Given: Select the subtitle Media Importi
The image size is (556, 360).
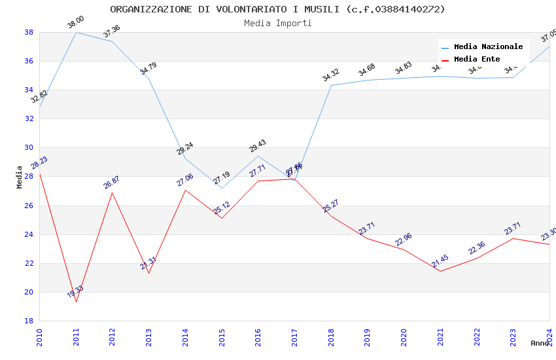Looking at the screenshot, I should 277,23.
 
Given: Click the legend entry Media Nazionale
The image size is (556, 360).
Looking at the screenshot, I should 488,46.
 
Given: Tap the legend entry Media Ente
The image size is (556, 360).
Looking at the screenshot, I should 476,59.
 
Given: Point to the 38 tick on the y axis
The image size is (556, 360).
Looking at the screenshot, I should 29,32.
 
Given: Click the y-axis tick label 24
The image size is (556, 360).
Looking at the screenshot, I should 29,234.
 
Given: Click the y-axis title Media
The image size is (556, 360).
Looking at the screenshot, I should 20,177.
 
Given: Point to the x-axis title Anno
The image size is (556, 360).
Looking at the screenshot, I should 540,343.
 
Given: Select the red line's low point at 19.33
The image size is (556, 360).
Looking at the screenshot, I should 77,302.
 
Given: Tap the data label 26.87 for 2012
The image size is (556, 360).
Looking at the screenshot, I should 112,183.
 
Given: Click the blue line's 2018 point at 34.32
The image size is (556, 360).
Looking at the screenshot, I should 332,85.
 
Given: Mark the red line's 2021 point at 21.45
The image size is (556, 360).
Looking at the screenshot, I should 440,271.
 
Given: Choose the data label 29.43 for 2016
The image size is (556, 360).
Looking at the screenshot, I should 258,146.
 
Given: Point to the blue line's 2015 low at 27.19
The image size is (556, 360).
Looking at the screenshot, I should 222,189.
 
